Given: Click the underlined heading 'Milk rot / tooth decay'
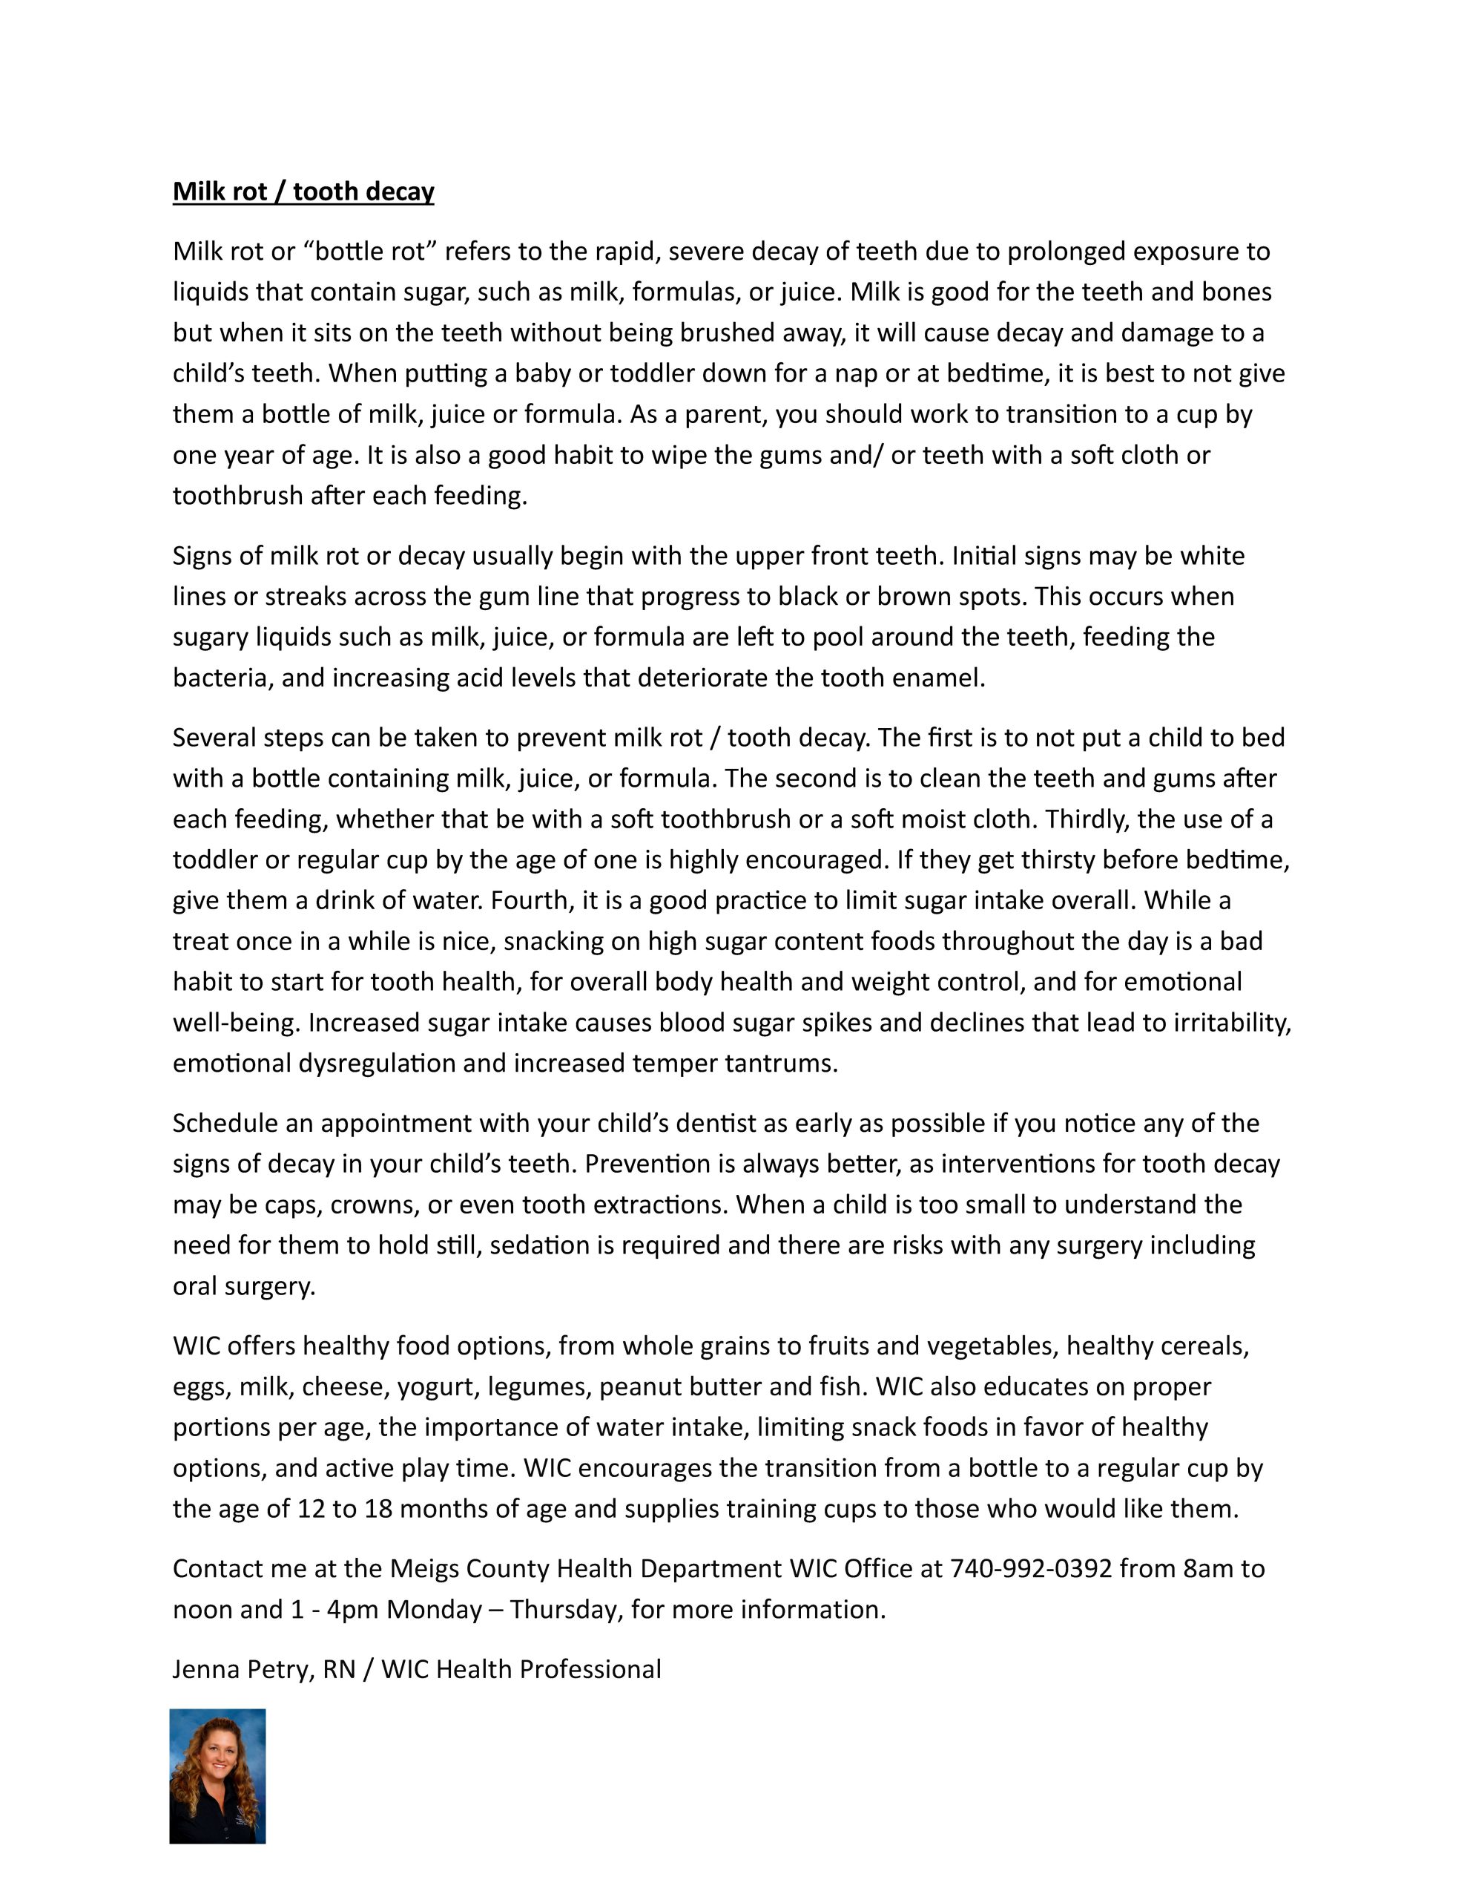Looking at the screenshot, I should tap(303, 191).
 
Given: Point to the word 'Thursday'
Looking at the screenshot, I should tap(566, 1609).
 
